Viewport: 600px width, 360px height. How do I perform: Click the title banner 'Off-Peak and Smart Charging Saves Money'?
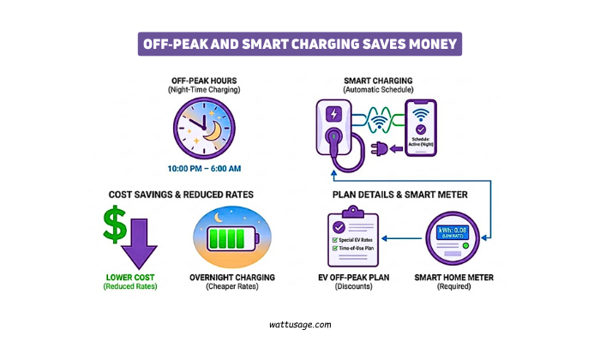pyautogui.click(x=299, y=43)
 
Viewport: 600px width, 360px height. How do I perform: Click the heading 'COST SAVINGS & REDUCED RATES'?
pyautogui.click(x=181, y=195)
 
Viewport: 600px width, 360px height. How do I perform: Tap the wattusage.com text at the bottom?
pyautogui.click(x=299, y=325)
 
